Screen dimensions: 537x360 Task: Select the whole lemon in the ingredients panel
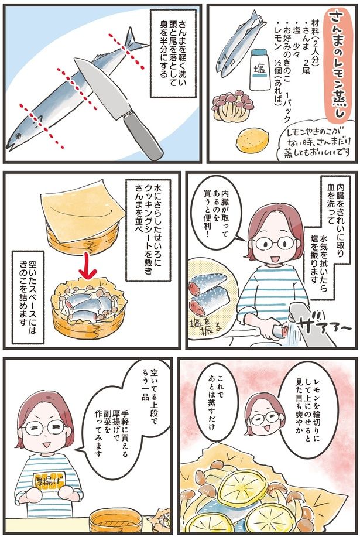pyautogui.click(x=251, y=140)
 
